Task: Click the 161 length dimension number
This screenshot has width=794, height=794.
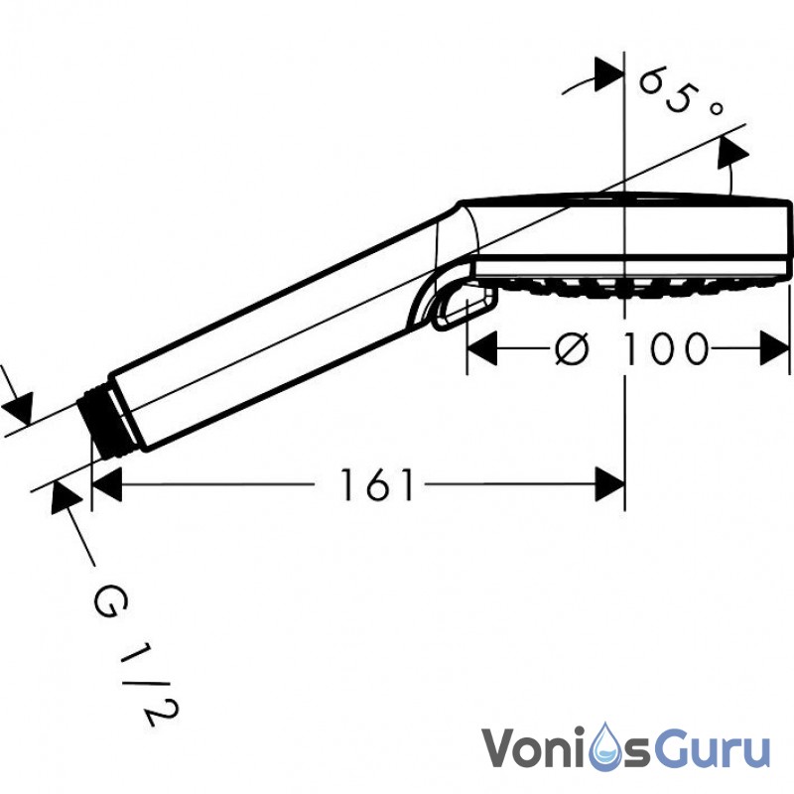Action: (377, 484)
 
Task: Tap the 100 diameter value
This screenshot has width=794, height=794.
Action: (665, 348)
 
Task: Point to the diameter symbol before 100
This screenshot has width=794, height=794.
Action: (572, 348)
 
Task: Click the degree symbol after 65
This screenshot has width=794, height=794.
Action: (716, 108)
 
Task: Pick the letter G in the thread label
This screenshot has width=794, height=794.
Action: (111, 600)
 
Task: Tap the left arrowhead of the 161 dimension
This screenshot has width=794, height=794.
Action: (107, 484)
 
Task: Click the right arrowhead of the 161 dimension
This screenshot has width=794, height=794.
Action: (609, 484)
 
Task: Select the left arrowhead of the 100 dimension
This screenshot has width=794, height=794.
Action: (481, 348)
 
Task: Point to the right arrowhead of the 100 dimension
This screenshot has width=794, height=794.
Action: (775, 348)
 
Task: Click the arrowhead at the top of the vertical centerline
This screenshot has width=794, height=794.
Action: (609, 74)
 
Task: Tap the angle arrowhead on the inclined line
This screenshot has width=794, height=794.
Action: (732, 151)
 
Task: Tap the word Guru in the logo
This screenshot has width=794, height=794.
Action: (714, 748)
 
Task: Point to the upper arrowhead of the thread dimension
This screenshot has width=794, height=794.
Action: (19, 408)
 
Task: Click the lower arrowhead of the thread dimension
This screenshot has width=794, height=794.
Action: (65, 496)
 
